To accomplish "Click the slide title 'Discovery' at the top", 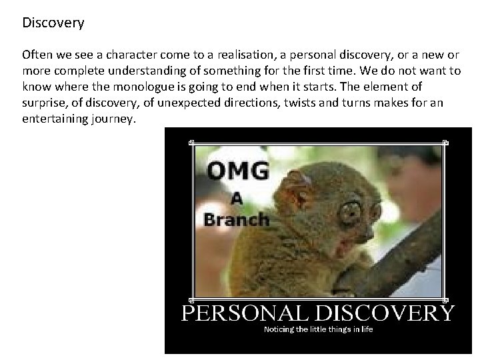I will tap(53, 23).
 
